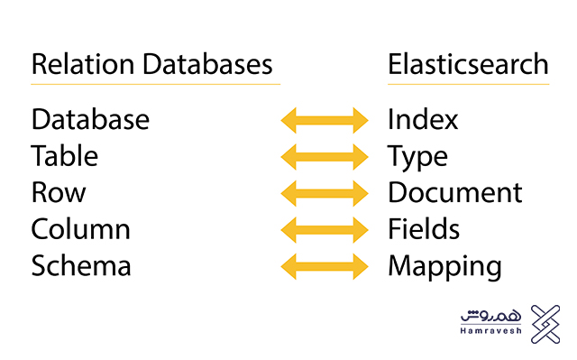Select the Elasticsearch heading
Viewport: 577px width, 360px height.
click(468, 65)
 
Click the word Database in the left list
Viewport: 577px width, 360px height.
click(90, 119)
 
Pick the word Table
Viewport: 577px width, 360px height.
click(64, 156)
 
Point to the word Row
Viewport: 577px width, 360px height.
click(59, 193)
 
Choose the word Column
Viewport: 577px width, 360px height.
click(81, 229)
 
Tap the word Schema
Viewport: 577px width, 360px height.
click(81, 266)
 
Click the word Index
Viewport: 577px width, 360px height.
click(424, 119)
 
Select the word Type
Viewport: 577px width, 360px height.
click(418, 158)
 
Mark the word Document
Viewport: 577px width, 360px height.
click(455, 193)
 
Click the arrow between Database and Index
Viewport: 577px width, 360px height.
click(325, 120)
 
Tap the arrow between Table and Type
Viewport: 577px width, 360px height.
click(325, 157)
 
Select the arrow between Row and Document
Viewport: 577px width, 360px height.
click(325, 193)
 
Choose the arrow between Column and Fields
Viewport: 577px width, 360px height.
click(325, 230)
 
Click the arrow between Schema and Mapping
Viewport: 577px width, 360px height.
click(325, 266)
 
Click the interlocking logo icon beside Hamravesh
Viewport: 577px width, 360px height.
click(545, 324)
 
